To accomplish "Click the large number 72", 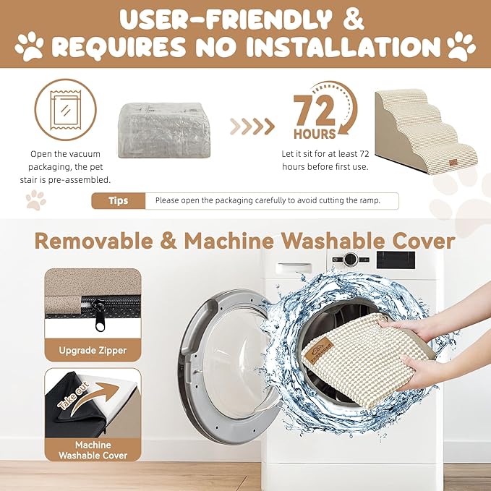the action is (x=314, y=111).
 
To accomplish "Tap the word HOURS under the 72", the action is (x=315, y=134).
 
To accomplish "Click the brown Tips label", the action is (x=119, y=201).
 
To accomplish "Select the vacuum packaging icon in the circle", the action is (x=66, y=108).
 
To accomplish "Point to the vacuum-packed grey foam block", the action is (x=164, y=130).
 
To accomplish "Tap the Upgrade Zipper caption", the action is (x=93, y=350).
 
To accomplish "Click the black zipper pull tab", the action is (x=100, y=317).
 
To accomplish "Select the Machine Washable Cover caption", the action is (x=93, y=451).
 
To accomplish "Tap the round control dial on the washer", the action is (x=351, y=260).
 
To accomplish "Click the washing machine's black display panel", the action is (x=396, y=260).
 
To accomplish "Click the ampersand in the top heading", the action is (x=354, y=19).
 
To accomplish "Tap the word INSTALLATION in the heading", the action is (x=343, y=47).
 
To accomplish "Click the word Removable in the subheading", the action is (x=94, y=241).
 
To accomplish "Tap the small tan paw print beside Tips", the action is (x=36, y=200).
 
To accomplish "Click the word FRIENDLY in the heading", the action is (x=265, y=20).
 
